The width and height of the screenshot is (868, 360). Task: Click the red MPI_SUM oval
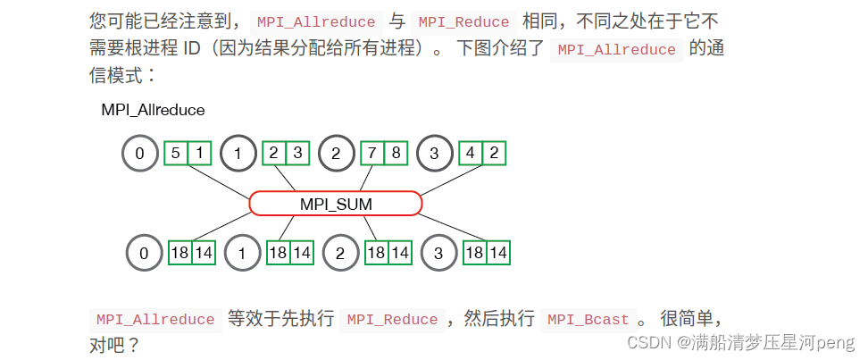336,204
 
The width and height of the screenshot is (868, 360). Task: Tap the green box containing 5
175,153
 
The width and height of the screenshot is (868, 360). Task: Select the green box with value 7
371,153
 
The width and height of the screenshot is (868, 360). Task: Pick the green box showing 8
395,153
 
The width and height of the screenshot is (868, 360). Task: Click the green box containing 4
470,153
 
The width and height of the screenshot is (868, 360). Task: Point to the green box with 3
296,153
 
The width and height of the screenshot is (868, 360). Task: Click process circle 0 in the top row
139,153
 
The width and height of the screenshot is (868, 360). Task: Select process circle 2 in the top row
336,153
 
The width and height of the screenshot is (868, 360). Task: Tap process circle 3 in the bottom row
439,253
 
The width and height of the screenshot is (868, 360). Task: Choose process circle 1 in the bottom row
241,253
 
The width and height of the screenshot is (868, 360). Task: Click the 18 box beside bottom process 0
180,253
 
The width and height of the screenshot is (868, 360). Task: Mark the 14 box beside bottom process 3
498,253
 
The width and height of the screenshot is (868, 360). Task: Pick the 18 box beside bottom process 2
376,253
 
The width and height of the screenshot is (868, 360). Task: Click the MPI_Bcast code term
587,320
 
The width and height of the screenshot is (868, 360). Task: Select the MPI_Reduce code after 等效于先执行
392,320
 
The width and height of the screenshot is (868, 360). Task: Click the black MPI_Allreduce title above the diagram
153,111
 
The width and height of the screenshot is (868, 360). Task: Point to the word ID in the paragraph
191,48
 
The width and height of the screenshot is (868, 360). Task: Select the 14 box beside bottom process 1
302,253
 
